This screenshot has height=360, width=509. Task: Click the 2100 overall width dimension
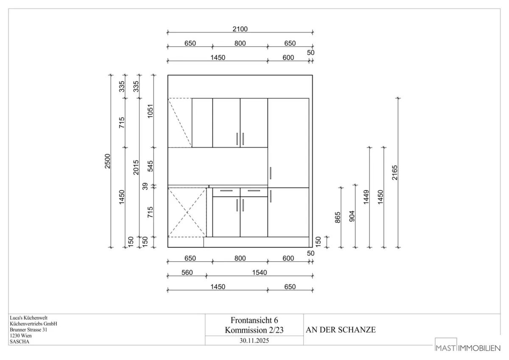240,29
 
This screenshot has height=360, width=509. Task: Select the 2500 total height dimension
107,161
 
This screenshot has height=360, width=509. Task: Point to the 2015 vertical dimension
136,167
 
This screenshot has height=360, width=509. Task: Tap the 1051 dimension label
151,111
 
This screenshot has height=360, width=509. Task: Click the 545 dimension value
151,166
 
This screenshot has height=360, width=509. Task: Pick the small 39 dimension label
145,186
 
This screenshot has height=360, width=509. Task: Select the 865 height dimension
338,218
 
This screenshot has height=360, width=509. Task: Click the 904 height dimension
352,216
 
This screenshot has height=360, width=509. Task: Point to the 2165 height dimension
395,173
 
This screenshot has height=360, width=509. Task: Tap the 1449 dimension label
366,197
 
